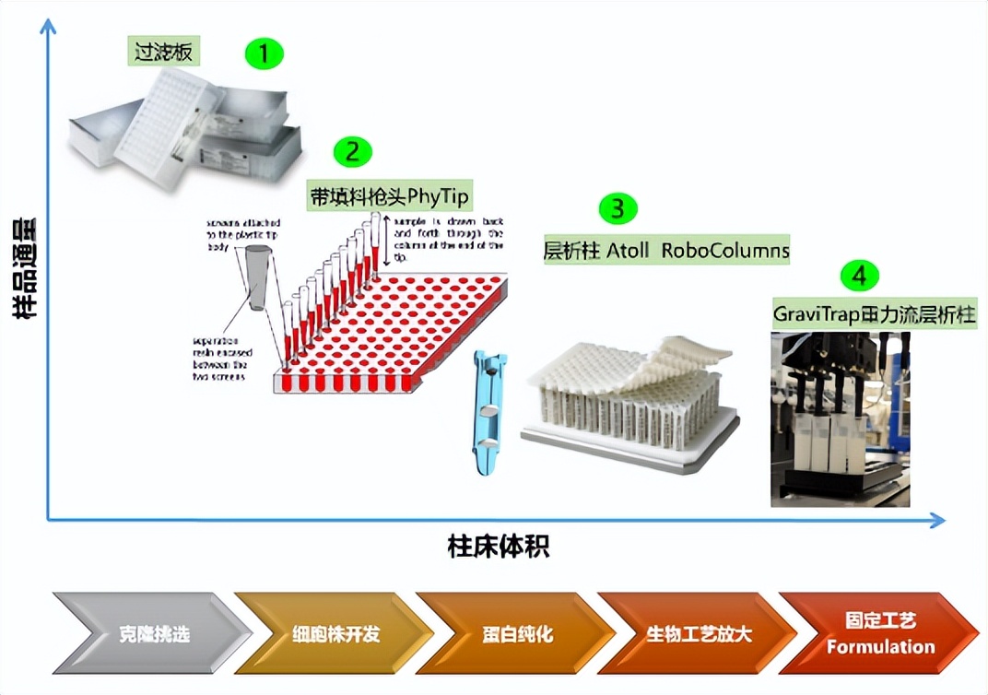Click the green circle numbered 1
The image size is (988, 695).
(x=265, y=54)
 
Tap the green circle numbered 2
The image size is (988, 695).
(x=351, y=150)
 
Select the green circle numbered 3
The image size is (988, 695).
(x=617, y=208)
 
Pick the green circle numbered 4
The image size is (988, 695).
(x=859, y=274)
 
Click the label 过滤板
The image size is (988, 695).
(x=164, y=52)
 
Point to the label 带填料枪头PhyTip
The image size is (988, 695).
(x=389, y=196)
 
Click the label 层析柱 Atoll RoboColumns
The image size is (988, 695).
(x=665, y=251)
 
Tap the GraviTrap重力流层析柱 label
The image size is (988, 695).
(x=874, y=313)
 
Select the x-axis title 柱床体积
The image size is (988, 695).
(x=498, y=546)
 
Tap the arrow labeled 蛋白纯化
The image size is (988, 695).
(x=516, y=633)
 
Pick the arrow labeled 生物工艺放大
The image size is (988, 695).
(x=698, y=633)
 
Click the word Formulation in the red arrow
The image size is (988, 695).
(x=880, y=646)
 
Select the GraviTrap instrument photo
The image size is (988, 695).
(x=840, y=419)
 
